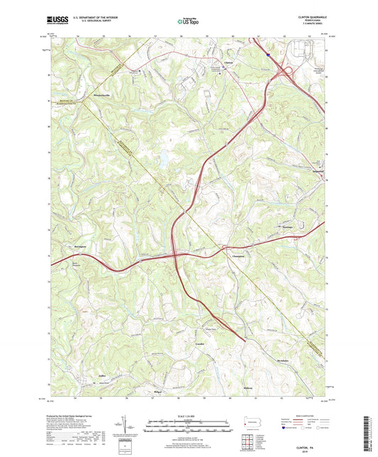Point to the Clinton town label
[x=228, y=62]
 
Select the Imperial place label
[x=317, y=169]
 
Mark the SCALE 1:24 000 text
[x=189, y=417]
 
